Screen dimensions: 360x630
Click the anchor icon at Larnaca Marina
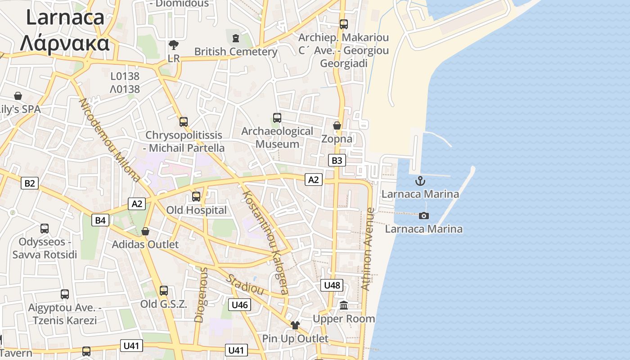pos(420,181)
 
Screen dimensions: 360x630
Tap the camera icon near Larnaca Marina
pos(423,216)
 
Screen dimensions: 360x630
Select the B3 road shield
pos(337,160)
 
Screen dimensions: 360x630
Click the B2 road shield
pos(29,183)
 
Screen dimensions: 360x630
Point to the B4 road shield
pos(100,220)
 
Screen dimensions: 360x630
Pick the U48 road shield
pos(332,285)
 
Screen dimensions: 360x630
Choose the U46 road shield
pos(239,305)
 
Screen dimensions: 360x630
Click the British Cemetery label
pos(236,52)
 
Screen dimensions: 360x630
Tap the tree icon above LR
pos(173,45)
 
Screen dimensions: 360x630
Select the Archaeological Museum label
pos(277,138)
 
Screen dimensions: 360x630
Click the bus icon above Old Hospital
pos(196,197)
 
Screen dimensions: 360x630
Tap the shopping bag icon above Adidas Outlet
pos(145,231)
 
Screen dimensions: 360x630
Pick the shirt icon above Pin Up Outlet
pos(295,325)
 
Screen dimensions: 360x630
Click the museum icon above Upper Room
pos(344,306)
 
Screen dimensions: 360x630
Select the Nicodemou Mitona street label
pos(109,140)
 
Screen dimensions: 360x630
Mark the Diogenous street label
pos(201,295)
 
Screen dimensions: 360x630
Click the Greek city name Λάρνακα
pos(65,44)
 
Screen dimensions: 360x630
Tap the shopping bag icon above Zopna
pos(337,126)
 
